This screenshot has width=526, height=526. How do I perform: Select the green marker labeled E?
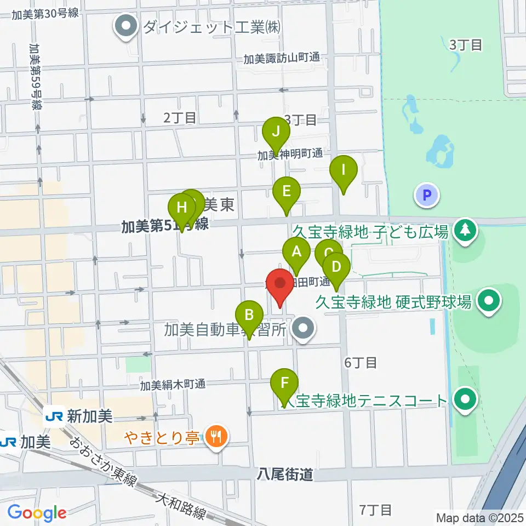point(287,193)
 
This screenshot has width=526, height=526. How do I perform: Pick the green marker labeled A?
point(296,254)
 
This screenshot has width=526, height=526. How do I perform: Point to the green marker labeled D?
point(336,268)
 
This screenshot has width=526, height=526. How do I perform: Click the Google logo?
point(37,513)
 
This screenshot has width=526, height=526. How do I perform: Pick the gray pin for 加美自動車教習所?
point(301,329)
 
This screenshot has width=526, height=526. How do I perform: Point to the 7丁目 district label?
point(376,510)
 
